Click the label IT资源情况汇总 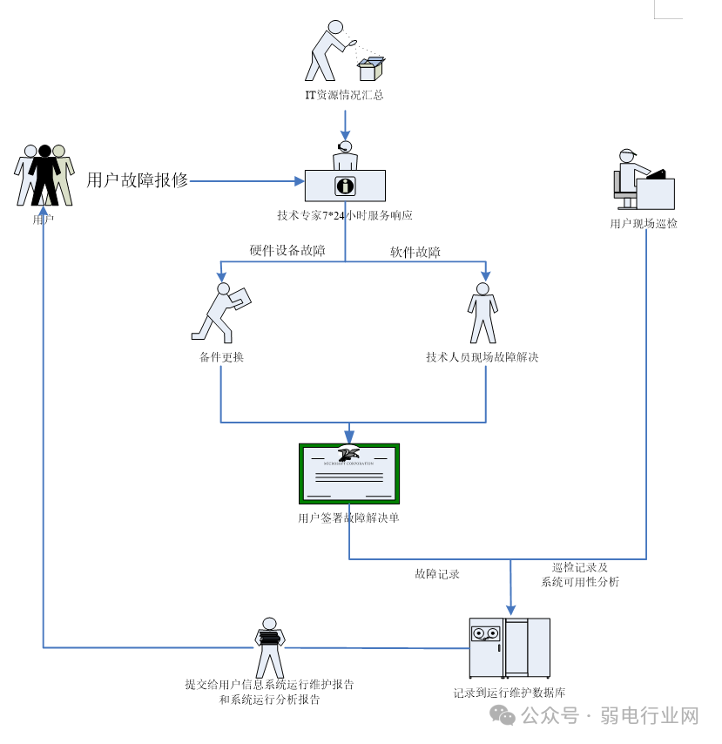(x=344, y=95)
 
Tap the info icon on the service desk (x=346, y=186)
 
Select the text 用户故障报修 (x=137, y=180)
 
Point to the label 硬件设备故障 (x=287, y=251)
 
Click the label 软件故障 (x=415, y=253)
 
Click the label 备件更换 (x=221, y=356)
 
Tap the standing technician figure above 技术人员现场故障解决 (x=482, y=313)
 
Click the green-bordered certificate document (x=349, y=473)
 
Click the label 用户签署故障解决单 (x=348, y=517)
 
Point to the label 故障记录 (x=437, y=574)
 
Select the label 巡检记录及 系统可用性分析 (x=579, y=574)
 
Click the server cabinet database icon (x=509, y=648)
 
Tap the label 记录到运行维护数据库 (x=509, y=693)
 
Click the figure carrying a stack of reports (x=269, y=644)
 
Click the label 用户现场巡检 (x=644, y=223)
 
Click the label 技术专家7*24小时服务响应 (x=345, y=215)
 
